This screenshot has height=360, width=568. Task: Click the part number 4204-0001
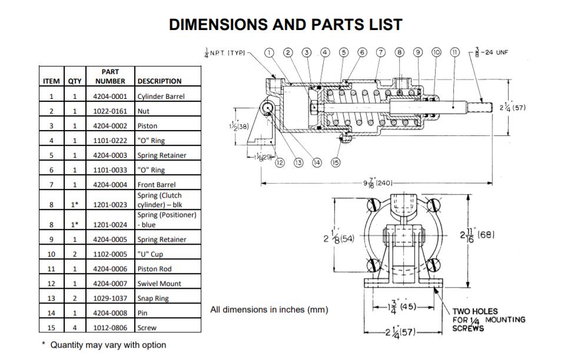pos(109,96)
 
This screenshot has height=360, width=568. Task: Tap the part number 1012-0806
pos(109,328)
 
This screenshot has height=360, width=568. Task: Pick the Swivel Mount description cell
pos(159,284)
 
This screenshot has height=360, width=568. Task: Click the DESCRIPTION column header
pos(159,81)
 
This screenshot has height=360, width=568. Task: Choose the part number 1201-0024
pos(109,225)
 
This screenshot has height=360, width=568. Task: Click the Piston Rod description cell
pos(155,269)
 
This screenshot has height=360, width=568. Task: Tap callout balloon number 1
pos(269,52)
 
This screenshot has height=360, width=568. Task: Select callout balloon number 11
pos(454,52)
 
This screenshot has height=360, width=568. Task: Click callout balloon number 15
pos(336,163)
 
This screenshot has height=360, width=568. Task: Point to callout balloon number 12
pos(280,163)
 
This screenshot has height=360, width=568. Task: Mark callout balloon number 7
pos(380,52)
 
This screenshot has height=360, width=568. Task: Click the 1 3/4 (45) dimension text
pos(403,306)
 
